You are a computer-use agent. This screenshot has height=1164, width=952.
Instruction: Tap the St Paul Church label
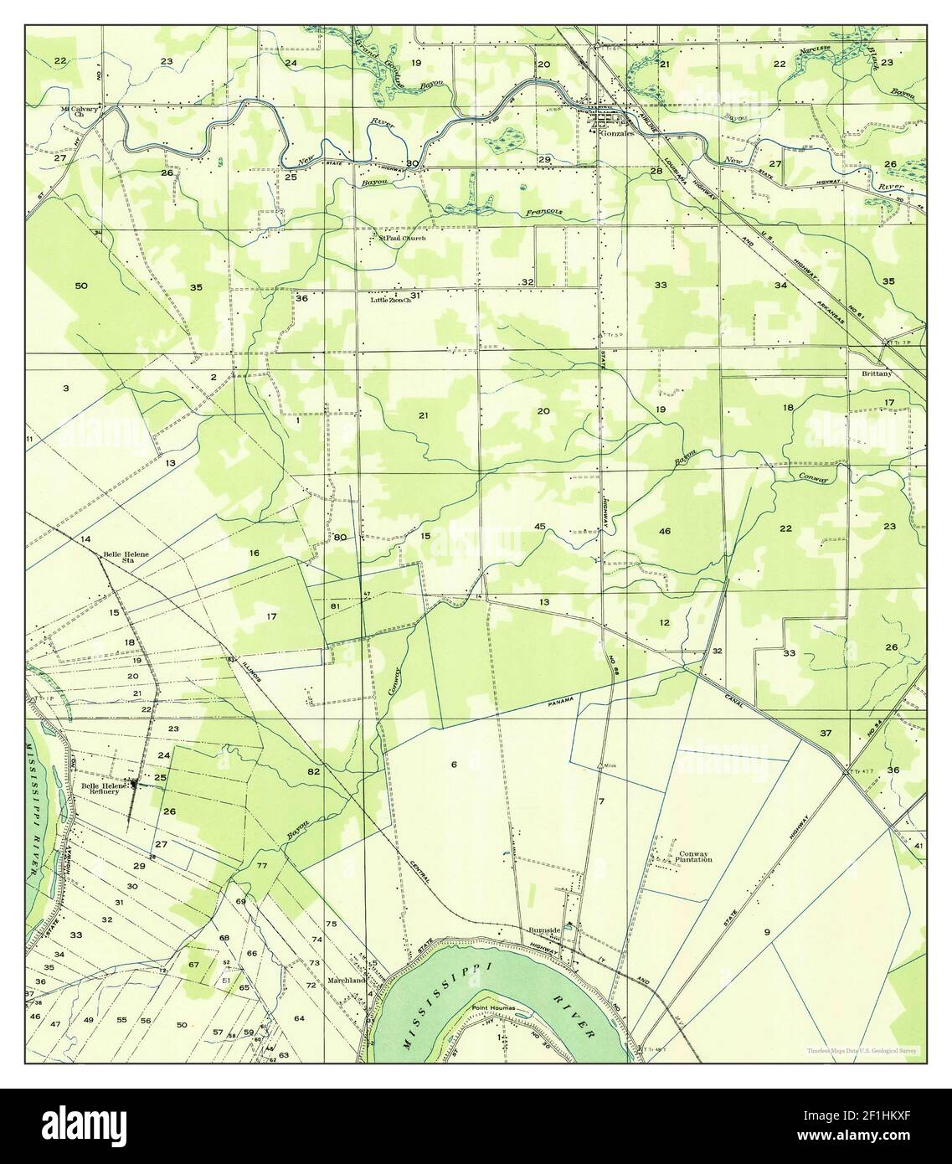(x=402, y=239)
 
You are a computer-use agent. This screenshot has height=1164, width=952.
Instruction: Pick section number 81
(x=335, y=605)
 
